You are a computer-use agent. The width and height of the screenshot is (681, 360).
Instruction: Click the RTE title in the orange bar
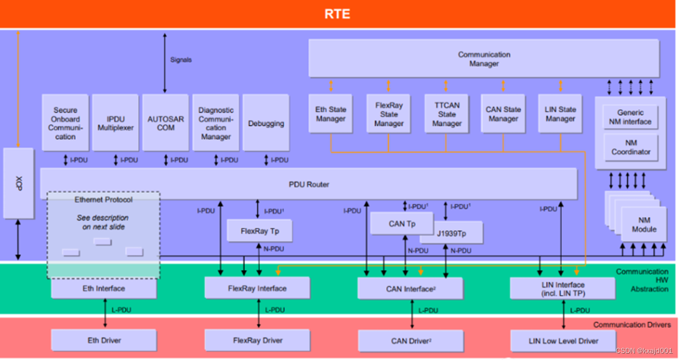[x=338, y=14]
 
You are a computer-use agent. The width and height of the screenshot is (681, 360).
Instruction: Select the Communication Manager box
[x=484, y=59]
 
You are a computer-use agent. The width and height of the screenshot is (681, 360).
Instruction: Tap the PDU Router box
[x=308, y=184]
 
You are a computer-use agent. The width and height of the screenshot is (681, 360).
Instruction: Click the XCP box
[x=19, y=183]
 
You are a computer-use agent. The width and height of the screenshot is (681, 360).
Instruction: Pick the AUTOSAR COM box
[x=166, y=123]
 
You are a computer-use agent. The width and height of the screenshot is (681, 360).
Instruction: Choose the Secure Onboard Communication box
[x=65, y=123]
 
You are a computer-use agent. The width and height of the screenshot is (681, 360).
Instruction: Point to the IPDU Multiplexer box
[x=115, y=123]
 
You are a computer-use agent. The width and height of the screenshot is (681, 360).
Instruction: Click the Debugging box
[x=266, y=123]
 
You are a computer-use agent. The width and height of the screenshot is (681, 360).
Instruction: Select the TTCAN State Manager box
[x=446, y=115]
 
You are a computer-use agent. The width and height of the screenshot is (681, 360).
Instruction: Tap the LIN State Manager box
[x=561, y=114]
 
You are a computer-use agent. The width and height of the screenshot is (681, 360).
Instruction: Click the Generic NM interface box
[x=631, y=117]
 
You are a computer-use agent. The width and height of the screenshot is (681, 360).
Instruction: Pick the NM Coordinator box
[x=631, y=147]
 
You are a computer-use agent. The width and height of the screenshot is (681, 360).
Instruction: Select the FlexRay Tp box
[x=260, y=232]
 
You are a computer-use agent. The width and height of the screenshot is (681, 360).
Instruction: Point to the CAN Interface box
[x=410, y=288]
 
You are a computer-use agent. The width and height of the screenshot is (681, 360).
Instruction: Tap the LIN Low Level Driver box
[x=563, y=341]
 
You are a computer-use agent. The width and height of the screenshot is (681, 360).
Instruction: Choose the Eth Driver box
[x=104, y=340]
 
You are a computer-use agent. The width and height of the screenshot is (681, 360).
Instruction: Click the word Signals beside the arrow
[x=181, y=60]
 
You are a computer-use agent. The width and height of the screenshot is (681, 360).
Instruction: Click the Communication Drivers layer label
[x=632, y=324]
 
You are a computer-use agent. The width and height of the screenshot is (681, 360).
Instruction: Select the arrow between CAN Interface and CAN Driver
[x=412, y=315]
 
